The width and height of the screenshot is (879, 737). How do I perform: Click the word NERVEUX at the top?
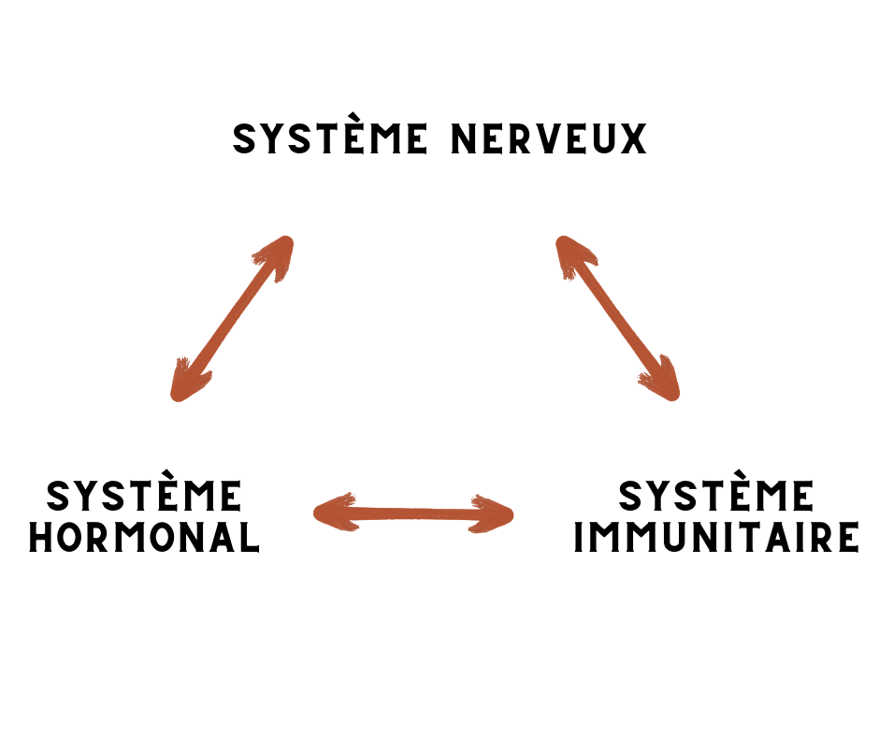pyautogui.click(x=549, y=139)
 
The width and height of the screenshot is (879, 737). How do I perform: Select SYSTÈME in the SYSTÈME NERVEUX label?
pyautogui.click(x=330, y=139)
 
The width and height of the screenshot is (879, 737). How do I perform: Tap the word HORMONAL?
pyautogui.click(x=144, y=537)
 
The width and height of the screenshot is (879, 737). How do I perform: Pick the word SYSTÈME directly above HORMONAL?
pyautogui.click(x=144, y=496)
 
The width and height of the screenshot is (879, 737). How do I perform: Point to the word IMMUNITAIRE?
pyautogui.click(x=715, y=538)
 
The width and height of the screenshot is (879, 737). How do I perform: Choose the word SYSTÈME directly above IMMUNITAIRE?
pyautogui.click(x=715, y=496)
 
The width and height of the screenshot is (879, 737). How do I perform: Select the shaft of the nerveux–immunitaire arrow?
pyautogui.click(x=617, y=318)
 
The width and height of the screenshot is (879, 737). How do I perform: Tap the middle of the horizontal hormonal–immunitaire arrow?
pyautogui.click(x=413, y=513)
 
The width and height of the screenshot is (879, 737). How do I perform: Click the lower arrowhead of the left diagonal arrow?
pyautogui.click(x=187, y=382)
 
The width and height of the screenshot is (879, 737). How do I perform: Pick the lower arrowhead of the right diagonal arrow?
pyautogui.click(x=661, y=382)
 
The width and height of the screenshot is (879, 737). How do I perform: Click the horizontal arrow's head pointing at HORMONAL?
pyautogui.click(x=332, y=512)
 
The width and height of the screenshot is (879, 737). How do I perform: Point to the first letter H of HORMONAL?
pyautogui.click(x=41, y=537)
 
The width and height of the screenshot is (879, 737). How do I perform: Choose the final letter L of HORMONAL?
pyautogui.click(x=250, y=537)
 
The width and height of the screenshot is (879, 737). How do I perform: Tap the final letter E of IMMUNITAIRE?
pyautogui.click(x=847, y=538)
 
